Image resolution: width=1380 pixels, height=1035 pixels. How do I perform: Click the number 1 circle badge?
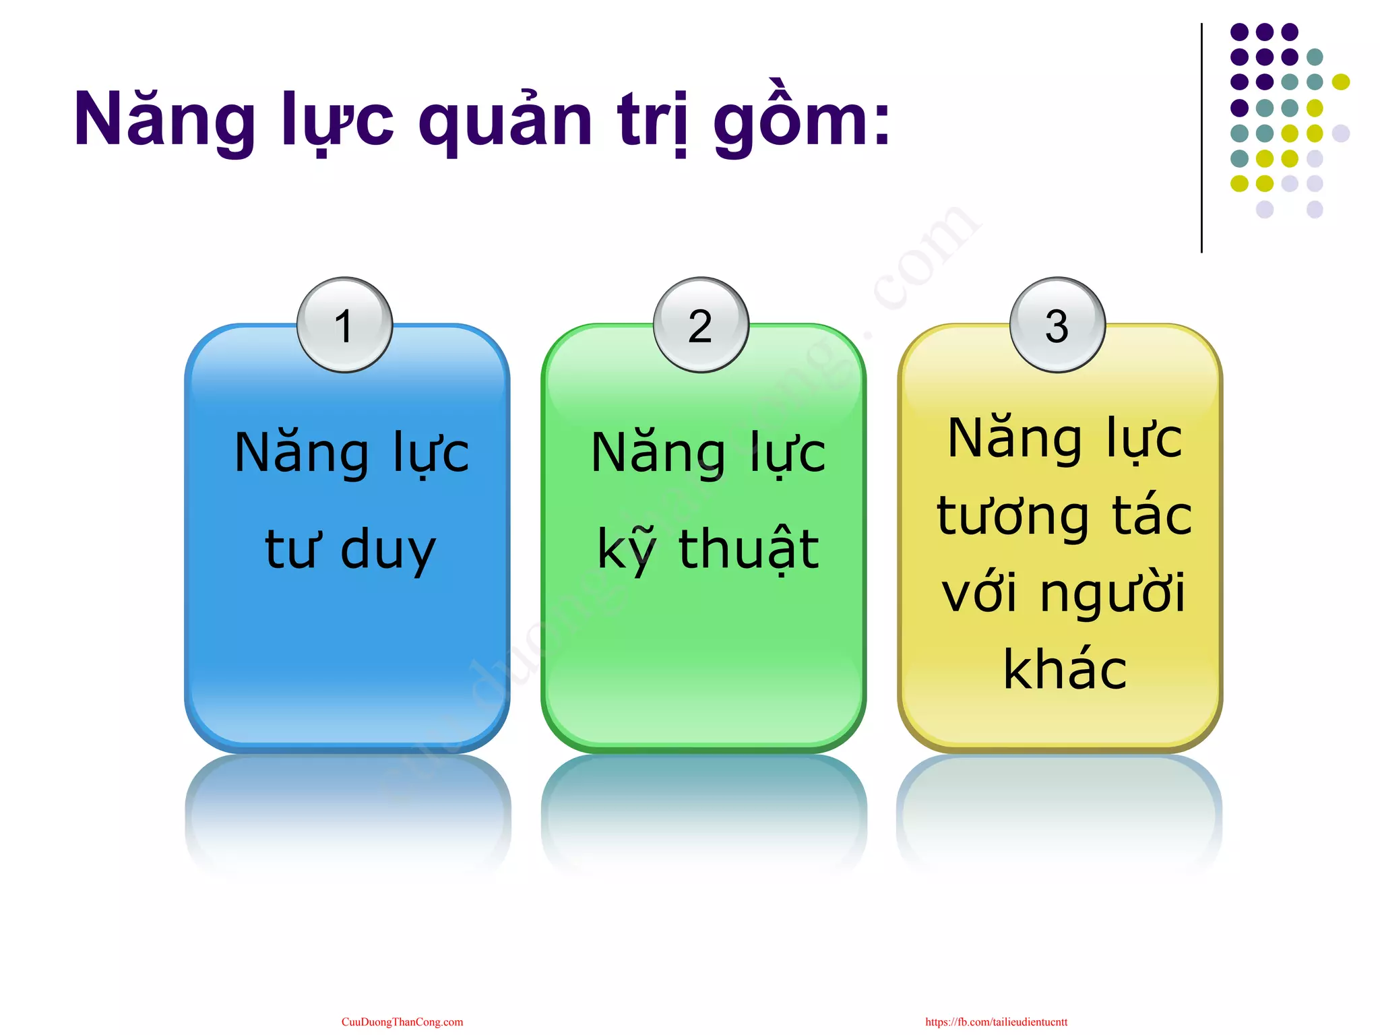344,325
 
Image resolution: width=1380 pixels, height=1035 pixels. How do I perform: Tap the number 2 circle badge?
701,325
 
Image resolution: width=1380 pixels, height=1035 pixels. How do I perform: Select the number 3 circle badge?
1057,325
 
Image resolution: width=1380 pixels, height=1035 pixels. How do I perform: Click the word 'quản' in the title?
505,121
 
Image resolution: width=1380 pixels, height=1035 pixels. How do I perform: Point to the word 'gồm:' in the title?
802,121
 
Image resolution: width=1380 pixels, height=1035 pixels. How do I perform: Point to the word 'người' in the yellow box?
1112,594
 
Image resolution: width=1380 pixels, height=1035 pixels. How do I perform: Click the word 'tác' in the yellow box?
1152,515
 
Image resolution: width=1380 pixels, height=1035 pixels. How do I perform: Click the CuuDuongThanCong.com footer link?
402,1022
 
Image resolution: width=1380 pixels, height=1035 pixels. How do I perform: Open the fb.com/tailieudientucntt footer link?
996,1022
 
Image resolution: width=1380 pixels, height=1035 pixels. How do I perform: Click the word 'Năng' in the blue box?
302,453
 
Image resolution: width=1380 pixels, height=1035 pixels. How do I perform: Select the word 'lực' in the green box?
788,453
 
